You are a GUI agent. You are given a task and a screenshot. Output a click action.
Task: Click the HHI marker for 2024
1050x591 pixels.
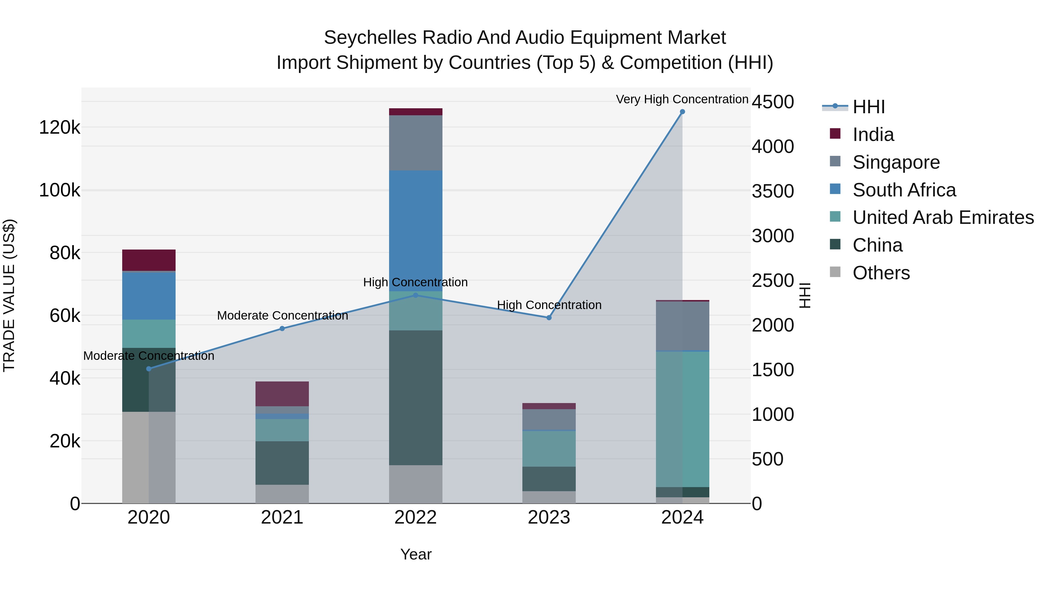click(x=682, y=112)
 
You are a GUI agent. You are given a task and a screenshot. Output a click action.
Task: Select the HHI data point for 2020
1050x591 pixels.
click(x=149, y=369)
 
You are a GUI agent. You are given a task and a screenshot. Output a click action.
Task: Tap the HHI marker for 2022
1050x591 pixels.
click(x=415, y=295)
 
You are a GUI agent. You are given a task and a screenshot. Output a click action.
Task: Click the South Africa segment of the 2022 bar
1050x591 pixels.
click(x=415, y=229)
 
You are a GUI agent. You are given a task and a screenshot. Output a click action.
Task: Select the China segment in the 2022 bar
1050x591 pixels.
click(x=415, y=398)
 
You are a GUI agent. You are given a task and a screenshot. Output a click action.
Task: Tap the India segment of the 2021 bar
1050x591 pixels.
click(x=282, y=394)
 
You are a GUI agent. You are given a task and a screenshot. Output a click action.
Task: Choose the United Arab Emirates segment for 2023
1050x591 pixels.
click(x=549, y=449)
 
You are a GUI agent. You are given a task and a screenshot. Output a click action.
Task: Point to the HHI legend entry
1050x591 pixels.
click(x=868, y=107)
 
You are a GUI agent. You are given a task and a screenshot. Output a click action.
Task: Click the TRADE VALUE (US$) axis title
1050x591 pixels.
click(x=9, y=295)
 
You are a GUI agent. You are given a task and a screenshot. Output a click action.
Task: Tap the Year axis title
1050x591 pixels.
click(x=415, y=554)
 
